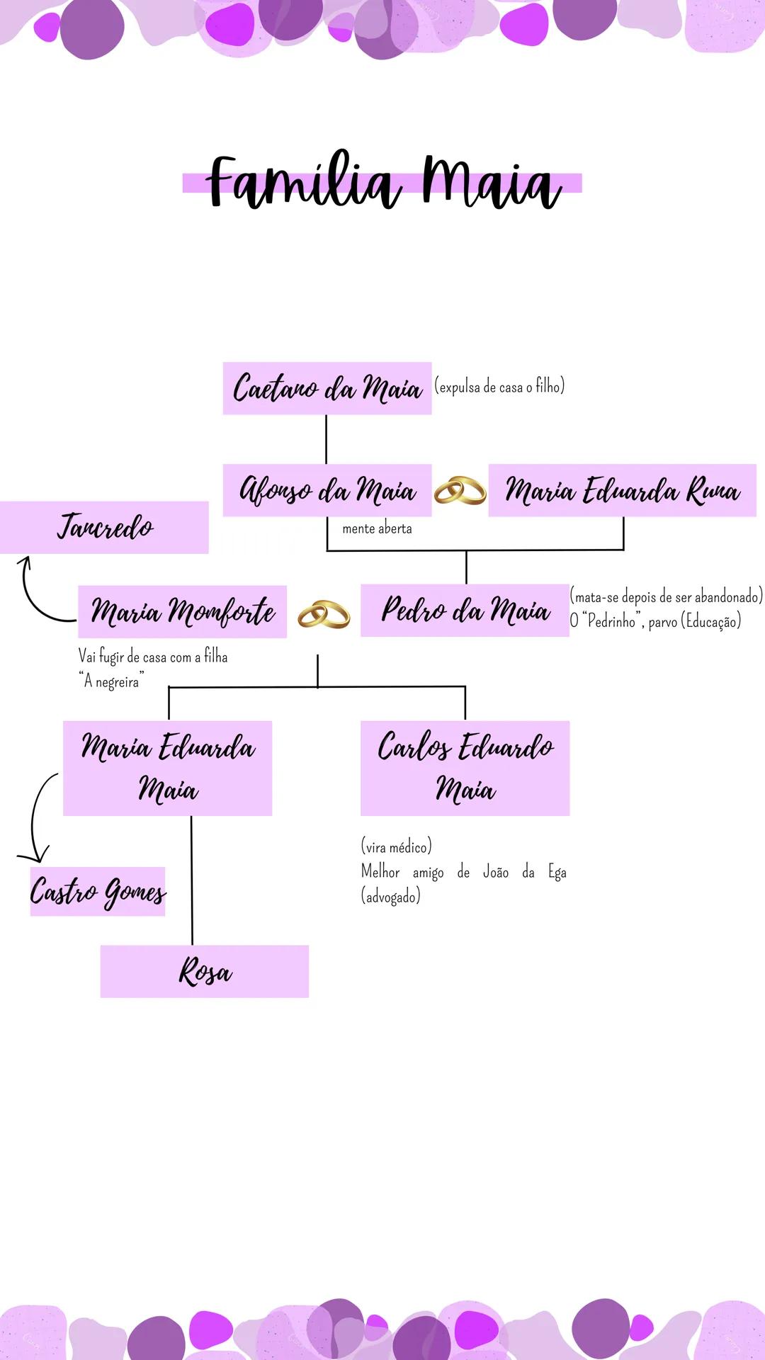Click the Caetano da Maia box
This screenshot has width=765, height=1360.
click(x=327, y=388)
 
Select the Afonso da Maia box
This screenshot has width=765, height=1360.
click(x=327, y=490)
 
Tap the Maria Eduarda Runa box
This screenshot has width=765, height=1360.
click(x=622, y=490)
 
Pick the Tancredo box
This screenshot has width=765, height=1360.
click(x=104, y=527)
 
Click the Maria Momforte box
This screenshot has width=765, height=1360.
click(x=182, y=611)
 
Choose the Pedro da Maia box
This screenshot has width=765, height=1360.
click(x=465, y=611)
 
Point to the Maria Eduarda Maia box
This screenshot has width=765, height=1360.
click(x=168, y=768)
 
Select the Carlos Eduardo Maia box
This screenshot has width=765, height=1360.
click(x=465, y=768)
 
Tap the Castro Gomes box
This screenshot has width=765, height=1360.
click(x=98, y=891)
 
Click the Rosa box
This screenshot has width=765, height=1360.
click(x=205, y=971)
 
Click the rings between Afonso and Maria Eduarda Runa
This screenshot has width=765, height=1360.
click(x=460, y=491)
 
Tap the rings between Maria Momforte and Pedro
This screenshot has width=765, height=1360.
click(x=324, y=614)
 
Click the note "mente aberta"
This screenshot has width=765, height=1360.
click(x=377, y=528)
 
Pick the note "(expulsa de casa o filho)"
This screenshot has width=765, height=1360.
click(x=499, y=387)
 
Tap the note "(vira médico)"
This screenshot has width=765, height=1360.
click(x=396, y=846)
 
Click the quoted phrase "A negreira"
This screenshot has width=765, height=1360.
click(x=112, y=681)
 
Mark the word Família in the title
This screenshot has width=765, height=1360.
click(x=304, y=183)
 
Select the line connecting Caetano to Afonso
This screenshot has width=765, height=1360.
click(x=326, y=439)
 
